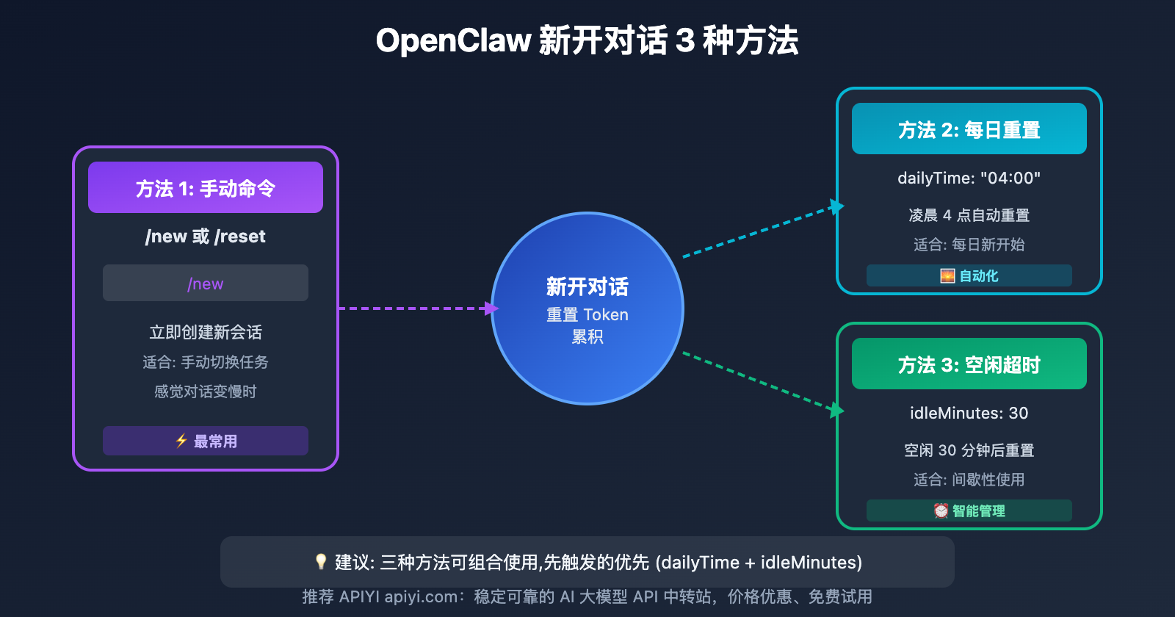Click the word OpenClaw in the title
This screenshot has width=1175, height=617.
click(453, 40)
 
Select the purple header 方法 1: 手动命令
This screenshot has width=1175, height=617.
click(206, 188)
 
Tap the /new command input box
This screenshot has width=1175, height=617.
click(206, 284)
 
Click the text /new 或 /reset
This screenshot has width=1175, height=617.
click(206, 237)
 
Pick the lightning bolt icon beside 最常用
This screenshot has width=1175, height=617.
click(181, 441)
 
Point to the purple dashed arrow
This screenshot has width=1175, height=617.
click(415, 308)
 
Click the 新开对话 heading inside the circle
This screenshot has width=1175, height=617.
click(587, 286)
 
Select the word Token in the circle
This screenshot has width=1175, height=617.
click(606, 314)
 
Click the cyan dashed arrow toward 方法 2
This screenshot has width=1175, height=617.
click(760, 231)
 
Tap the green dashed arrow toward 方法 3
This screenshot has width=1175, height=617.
click(760, 380)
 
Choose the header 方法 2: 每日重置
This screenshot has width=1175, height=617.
click(969, 129)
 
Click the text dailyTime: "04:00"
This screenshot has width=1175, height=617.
click(969, 178)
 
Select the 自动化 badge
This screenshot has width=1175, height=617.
click(969, 275)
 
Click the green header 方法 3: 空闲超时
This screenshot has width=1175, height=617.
click(969, 364)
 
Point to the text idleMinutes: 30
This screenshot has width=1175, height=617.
click(969, 413)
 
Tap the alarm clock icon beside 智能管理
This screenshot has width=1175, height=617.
click(941, 510)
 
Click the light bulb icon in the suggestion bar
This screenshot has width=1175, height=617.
click(321, 562)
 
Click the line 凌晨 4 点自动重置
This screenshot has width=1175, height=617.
click(969, 215)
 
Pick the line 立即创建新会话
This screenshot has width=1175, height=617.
click(206, 332)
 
